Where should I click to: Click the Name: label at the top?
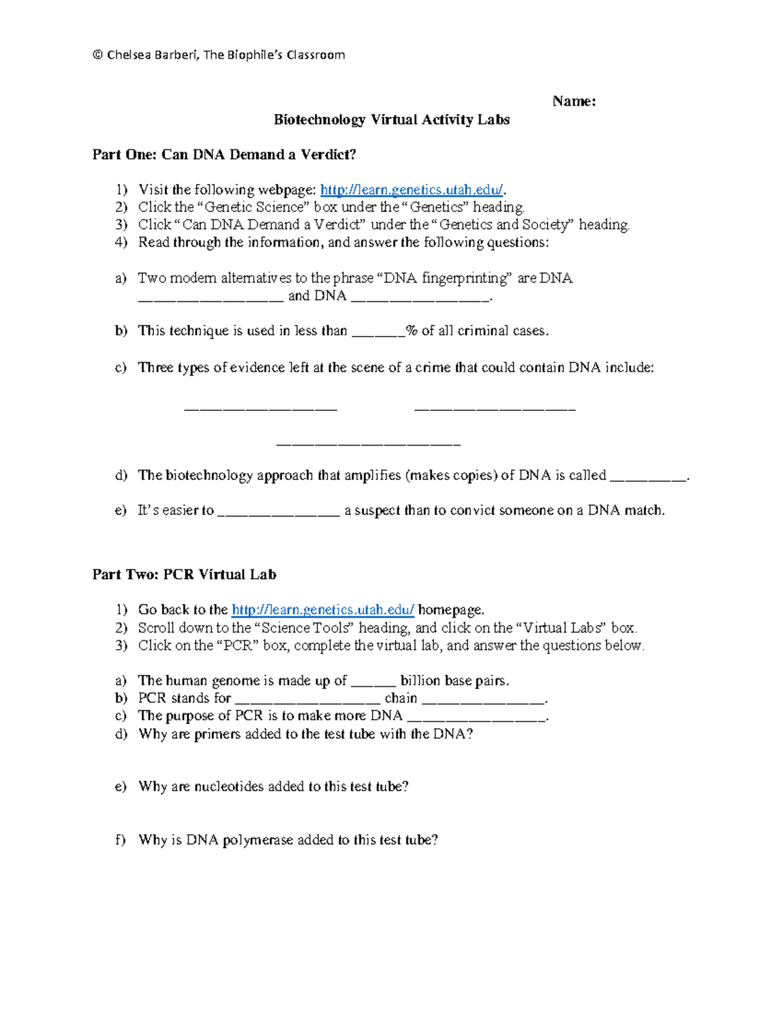click(574, 101)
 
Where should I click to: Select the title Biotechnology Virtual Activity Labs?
click(391, 119)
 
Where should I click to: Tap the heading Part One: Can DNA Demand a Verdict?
click(224, 155)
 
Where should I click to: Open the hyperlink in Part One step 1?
click(412, 190)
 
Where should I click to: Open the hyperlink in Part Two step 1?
click(323, 610)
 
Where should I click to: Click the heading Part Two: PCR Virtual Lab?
click(184, 575)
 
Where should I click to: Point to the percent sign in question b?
click(411, 331)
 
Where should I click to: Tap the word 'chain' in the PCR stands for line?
click(401, 698)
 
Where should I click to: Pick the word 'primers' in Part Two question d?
click(217, 734)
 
